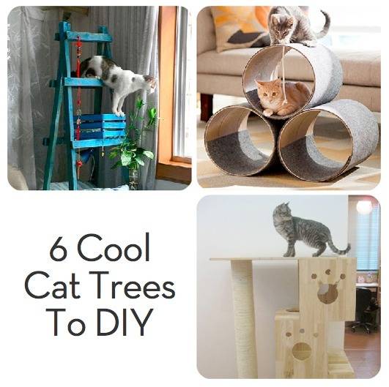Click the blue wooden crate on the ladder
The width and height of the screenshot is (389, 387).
click(101, 130)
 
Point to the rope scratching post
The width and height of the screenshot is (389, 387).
click(244, 318)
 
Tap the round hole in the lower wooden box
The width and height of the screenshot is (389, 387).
click(301, 351)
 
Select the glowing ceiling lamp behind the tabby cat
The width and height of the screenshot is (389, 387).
click(364, 207)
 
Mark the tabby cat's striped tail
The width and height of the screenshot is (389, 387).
click(338, 247)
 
